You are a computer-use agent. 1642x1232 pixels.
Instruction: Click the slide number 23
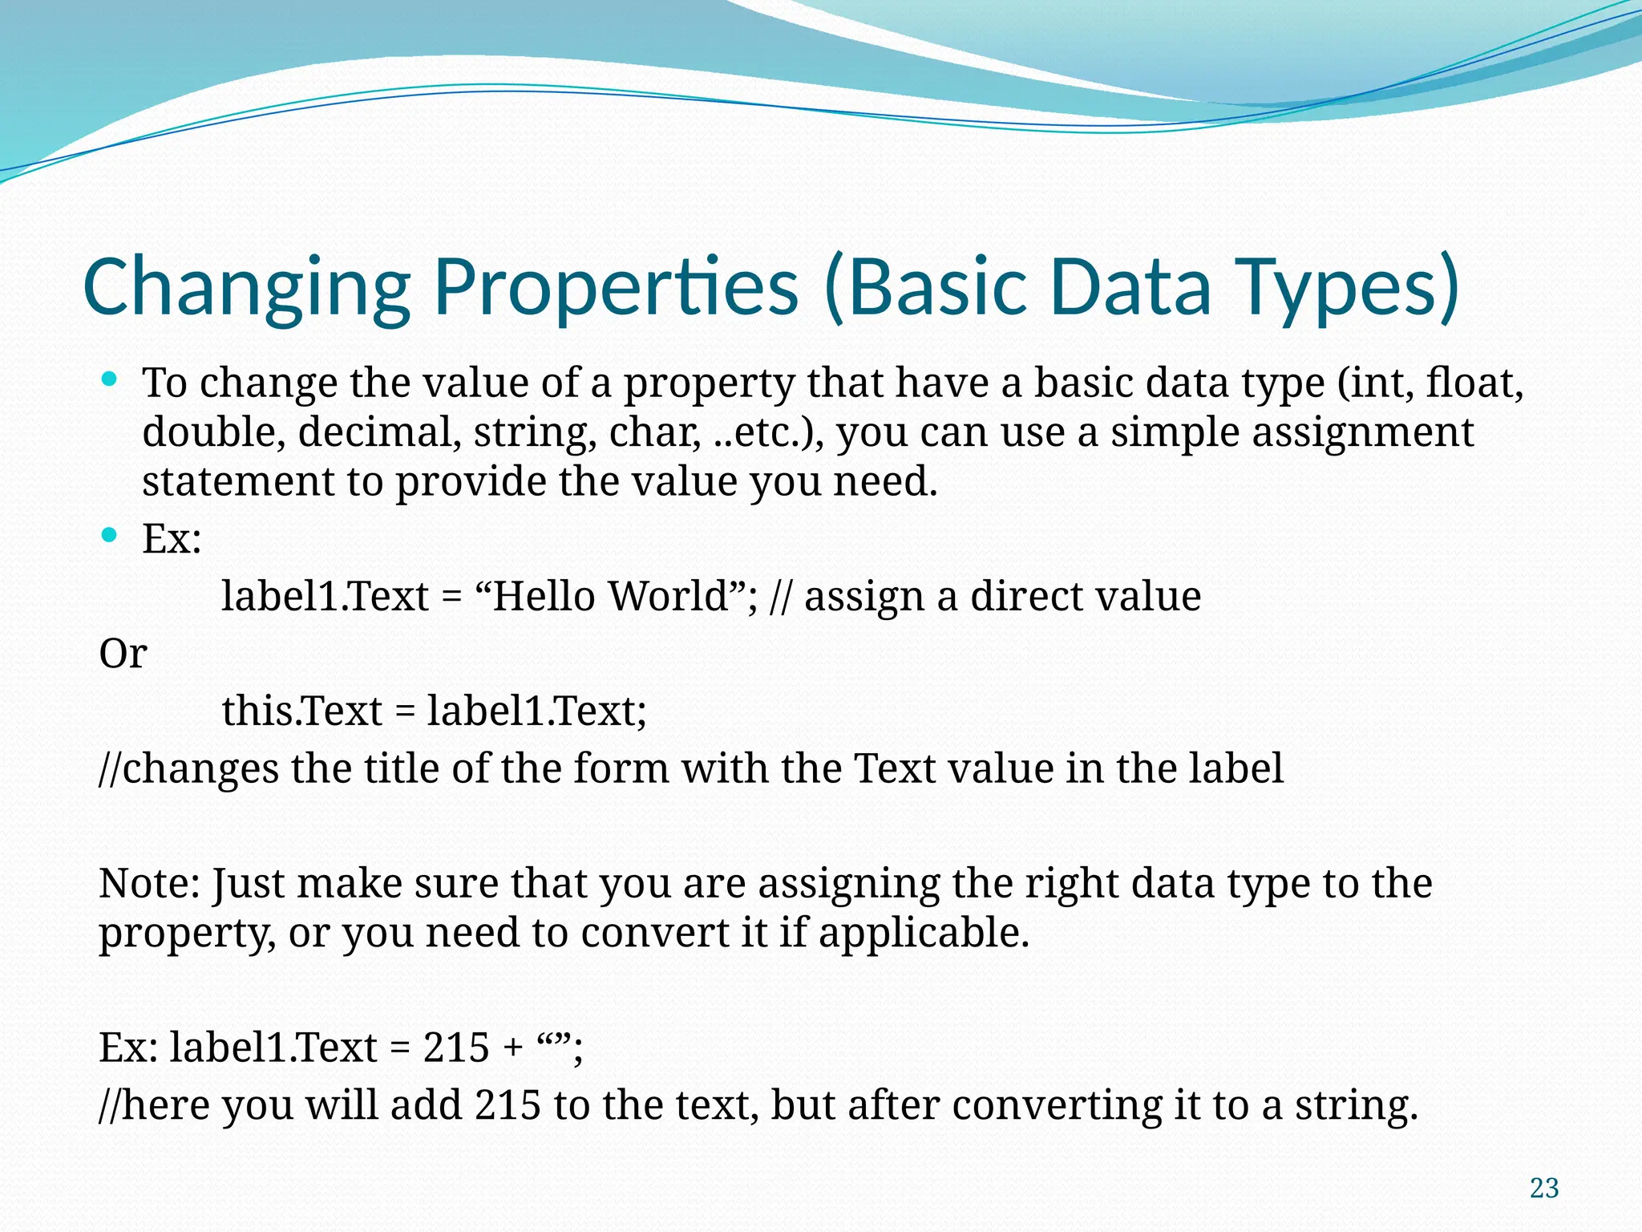(x=1544, y=1188)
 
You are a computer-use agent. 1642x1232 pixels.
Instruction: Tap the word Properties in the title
(x=616, y=287)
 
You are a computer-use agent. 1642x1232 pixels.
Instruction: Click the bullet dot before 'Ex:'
(x=111, y=534)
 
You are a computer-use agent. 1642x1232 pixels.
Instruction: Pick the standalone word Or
(x=123, y=654)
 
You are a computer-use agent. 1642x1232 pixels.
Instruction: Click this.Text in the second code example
(x=302, y=711)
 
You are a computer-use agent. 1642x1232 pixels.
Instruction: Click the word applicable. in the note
(x=924, y=933)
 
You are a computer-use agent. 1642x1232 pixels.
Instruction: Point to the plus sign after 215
(x=512, y=1048)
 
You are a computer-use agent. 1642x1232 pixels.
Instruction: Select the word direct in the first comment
(x=1024, y=596)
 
